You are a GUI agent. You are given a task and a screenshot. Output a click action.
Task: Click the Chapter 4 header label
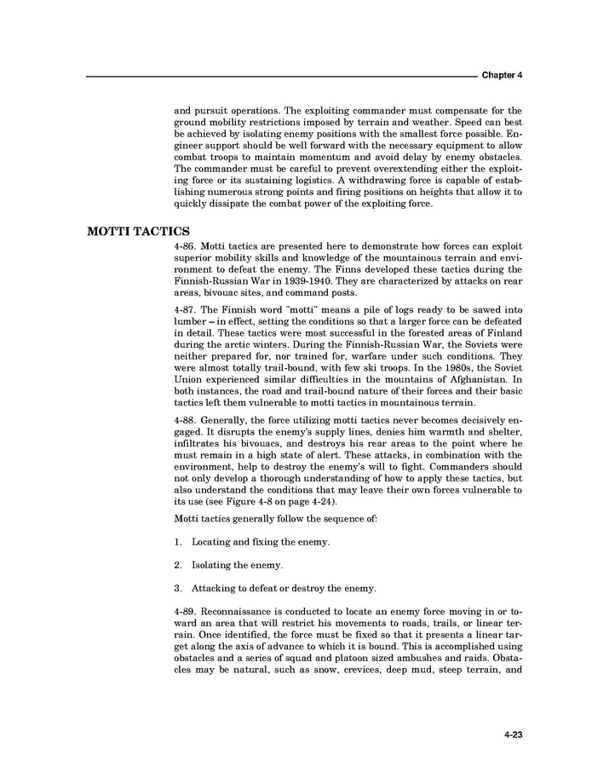(502, 75)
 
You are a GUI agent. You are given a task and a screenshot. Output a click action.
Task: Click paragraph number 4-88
(187, 444)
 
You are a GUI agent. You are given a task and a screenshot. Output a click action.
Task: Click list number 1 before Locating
(176, 542)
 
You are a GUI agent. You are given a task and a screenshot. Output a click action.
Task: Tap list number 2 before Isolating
(176, 565)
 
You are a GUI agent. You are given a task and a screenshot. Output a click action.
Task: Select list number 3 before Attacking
(176, 589)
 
